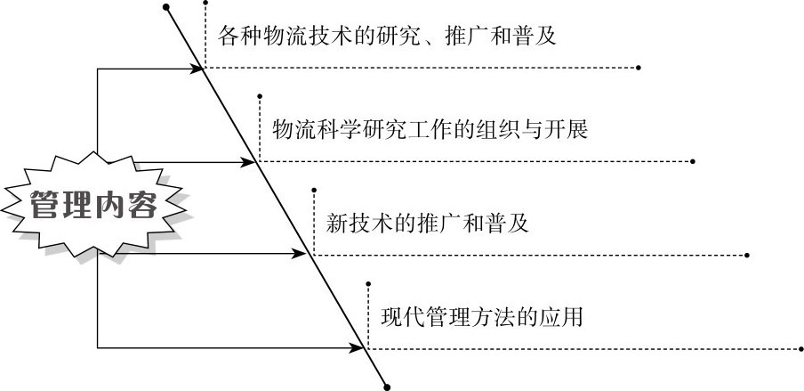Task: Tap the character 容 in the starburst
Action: (142, 206)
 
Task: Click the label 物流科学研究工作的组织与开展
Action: (430, 130)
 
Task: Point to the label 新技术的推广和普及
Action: (428, 223)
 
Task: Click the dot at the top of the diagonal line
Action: (166, 7)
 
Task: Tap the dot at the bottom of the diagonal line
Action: (386, 385)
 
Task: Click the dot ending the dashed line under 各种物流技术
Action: (639, 68)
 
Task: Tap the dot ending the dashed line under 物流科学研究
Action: (693, 162)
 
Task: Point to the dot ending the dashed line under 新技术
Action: (747, 255)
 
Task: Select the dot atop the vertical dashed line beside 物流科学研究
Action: (259, 94)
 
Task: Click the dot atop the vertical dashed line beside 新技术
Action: (313, 189)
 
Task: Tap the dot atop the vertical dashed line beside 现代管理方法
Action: (367, 283)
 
